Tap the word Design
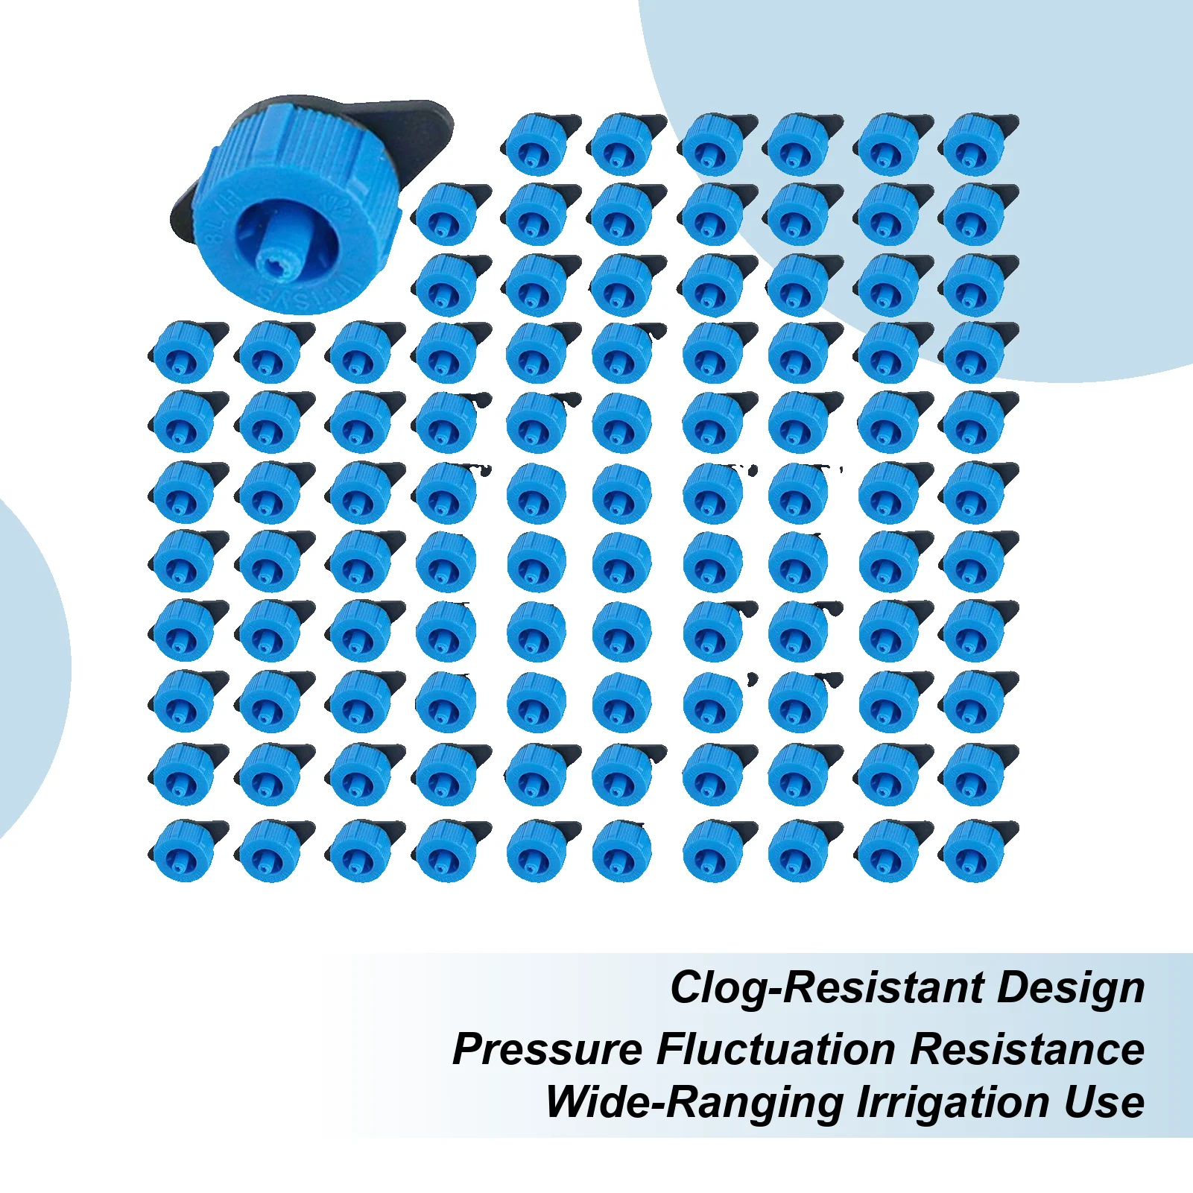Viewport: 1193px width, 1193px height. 1071,989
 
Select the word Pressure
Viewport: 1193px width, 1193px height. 548,1049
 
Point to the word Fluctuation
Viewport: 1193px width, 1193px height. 776,1049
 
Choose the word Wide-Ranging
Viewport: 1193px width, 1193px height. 694,1102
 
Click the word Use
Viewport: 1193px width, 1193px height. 1105,1102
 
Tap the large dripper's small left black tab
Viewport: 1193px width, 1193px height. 183,216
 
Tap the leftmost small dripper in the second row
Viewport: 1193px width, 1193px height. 452,215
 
